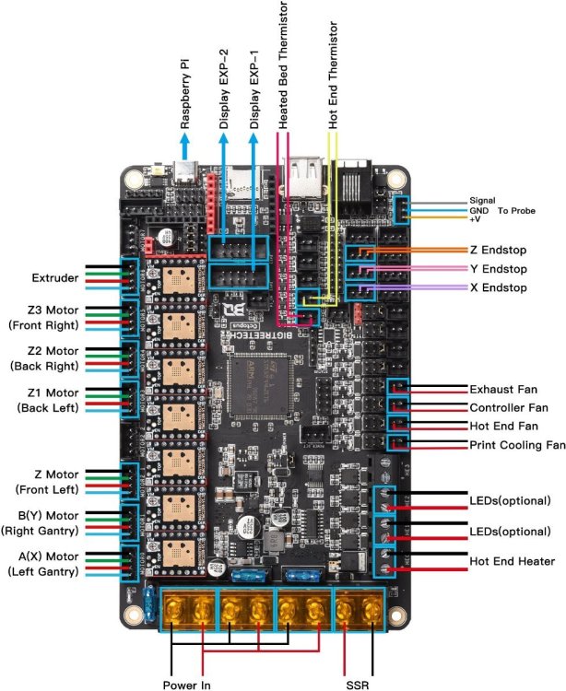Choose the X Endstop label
click(x=498, y=288)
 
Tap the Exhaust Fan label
click(x=502, y=389)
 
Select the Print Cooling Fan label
click(x=516, y=445)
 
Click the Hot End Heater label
click(x=511, y=560)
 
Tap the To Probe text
click(x=516, y=211)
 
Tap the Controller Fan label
click(x=508, y=407)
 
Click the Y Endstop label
click(x=498, y=270)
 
